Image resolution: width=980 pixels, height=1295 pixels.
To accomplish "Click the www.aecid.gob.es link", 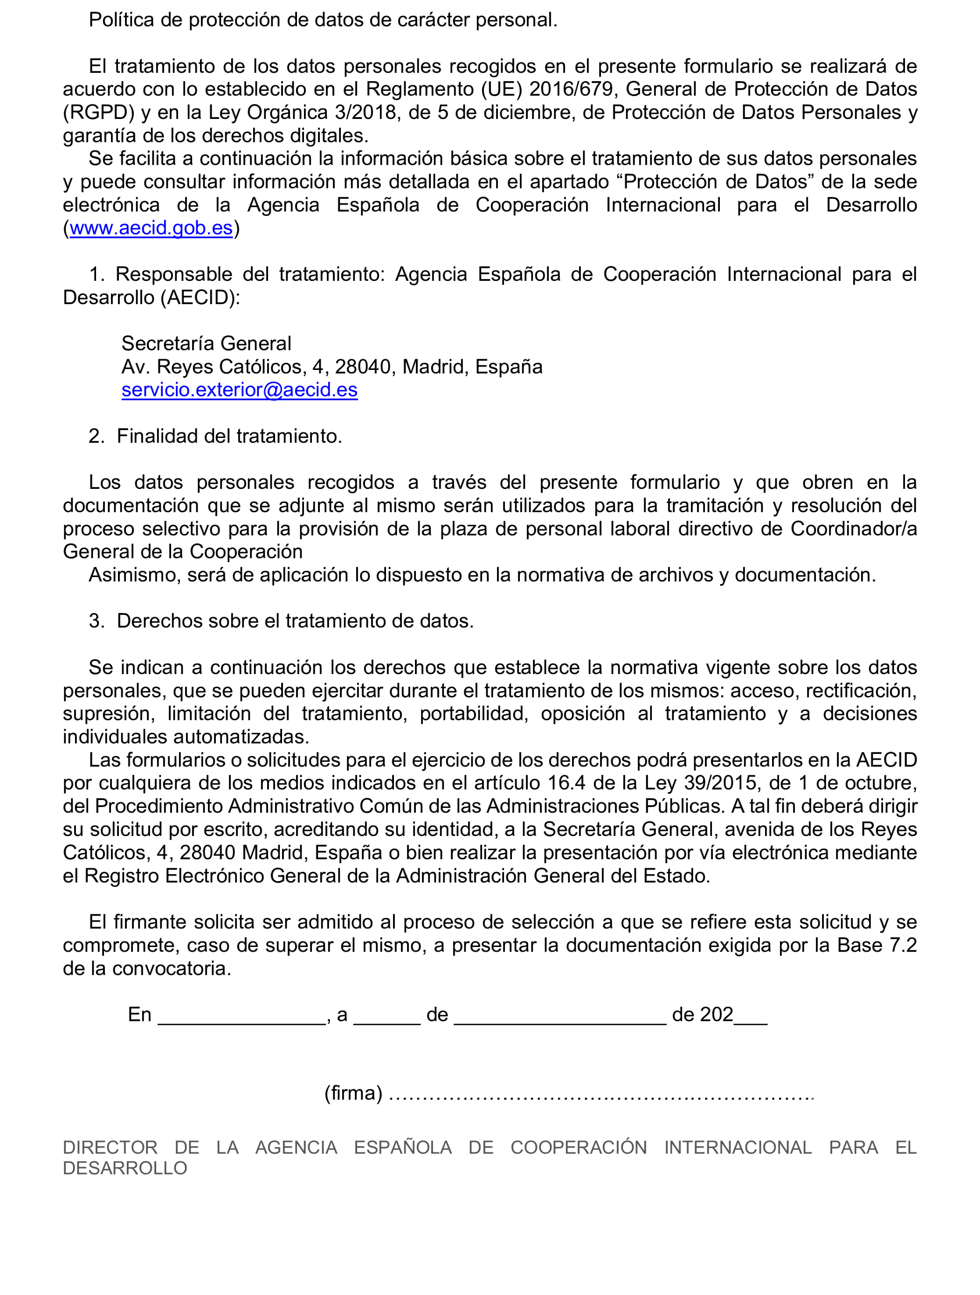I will tap(151, 228).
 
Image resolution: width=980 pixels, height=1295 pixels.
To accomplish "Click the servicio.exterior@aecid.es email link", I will tap(239, 390).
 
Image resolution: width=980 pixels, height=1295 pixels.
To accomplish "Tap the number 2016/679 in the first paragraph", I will tap(571, 90).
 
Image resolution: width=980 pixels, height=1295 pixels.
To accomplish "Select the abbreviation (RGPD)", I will tap(99, 112).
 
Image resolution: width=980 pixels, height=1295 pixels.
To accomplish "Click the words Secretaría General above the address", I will tap(206, 344).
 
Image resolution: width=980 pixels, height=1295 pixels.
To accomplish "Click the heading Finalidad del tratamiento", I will tap(229, 436).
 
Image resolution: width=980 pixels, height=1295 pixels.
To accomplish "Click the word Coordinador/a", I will tap(854, 529).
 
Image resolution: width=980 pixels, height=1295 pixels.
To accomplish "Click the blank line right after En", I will tap(241, 1017).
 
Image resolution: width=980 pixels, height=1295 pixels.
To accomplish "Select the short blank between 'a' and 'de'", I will tap(387, 1017).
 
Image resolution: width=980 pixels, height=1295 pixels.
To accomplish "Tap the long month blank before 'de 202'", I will tap(560, 1017).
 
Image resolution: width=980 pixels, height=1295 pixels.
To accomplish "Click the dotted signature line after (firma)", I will tap(601, 1095).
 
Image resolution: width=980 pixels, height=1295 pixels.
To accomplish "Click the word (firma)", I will tap(353, 1093).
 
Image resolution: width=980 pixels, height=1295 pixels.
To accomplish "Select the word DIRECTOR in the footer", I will tap(110, 1148).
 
